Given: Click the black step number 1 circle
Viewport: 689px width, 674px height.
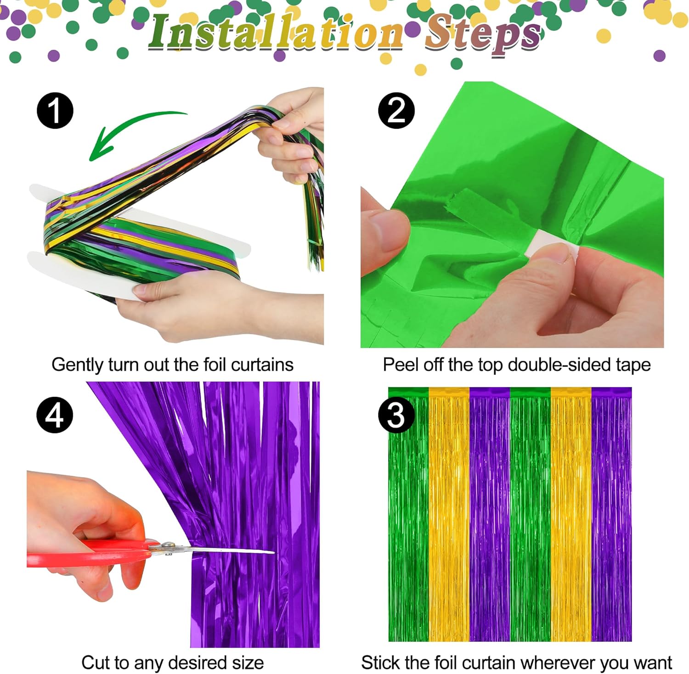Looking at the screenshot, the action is point(55,111).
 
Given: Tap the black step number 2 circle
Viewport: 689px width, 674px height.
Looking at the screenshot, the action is point(396,111).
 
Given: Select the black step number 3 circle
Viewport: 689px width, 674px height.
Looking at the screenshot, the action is point(396,416).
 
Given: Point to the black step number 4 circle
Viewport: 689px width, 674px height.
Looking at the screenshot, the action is point(55,415).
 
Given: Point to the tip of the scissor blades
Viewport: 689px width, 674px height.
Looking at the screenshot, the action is point(274,551).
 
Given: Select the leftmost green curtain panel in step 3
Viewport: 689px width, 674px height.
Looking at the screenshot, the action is point(408,514).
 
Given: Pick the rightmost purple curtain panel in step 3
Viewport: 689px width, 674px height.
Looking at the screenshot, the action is point(611,514).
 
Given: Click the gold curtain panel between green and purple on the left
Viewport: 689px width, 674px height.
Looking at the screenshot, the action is point(449,514).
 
